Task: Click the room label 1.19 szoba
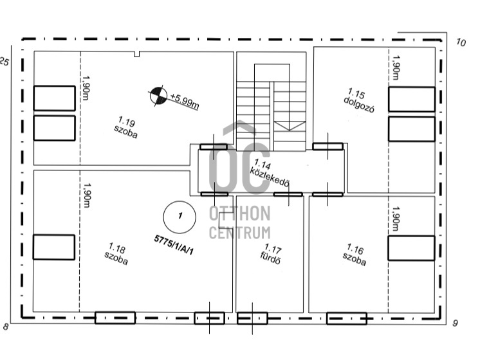126,127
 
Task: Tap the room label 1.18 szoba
116,254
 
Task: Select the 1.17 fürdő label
272,254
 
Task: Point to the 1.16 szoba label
355,255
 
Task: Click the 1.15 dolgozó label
359,101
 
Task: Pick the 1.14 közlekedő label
270,173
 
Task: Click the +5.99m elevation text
185,101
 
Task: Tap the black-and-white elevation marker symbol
158,96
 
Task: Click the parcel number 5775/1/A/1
174,245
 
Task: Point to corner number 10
461,42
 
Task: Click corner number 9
455,323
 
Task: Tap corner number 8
6,327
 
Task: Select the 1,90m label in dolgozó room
396,67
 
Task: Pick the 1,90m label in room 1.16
396,219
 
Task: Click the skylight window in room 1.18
54,247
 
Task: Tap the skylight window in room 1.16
411,248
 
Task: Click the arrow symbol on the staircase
290,126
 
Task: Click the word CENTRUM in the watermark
240,233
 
